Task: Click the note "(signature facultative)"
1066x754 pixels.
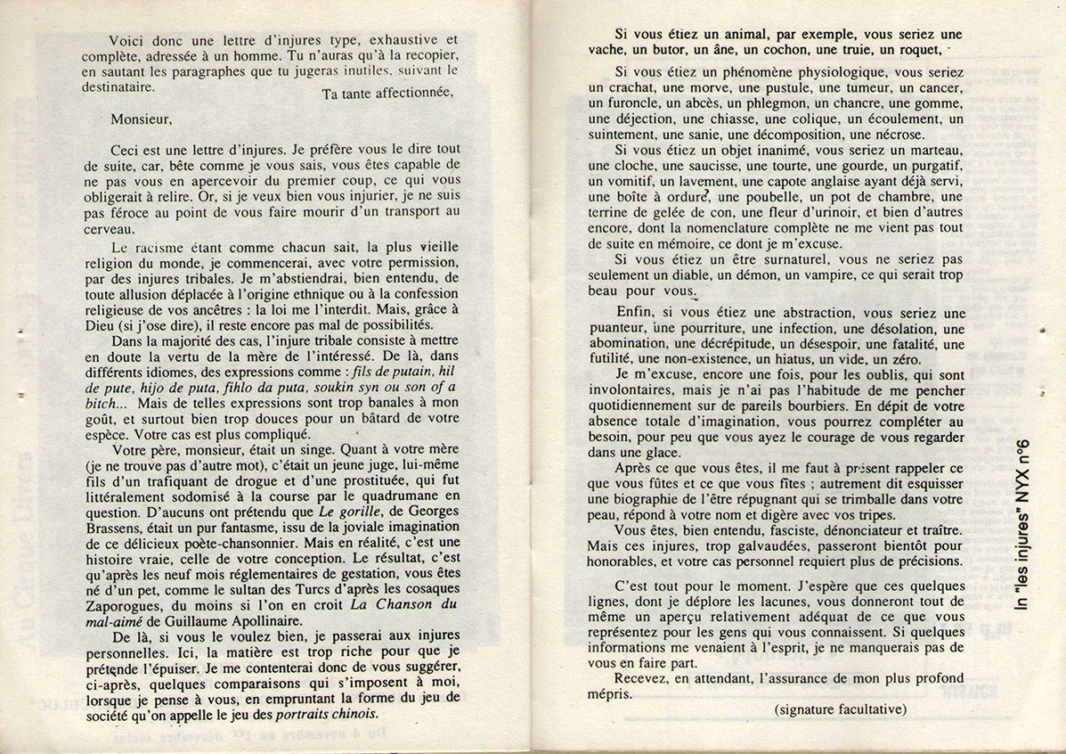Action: [840, 709]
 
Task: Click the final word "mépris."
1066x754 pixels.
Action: [611, 694]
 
